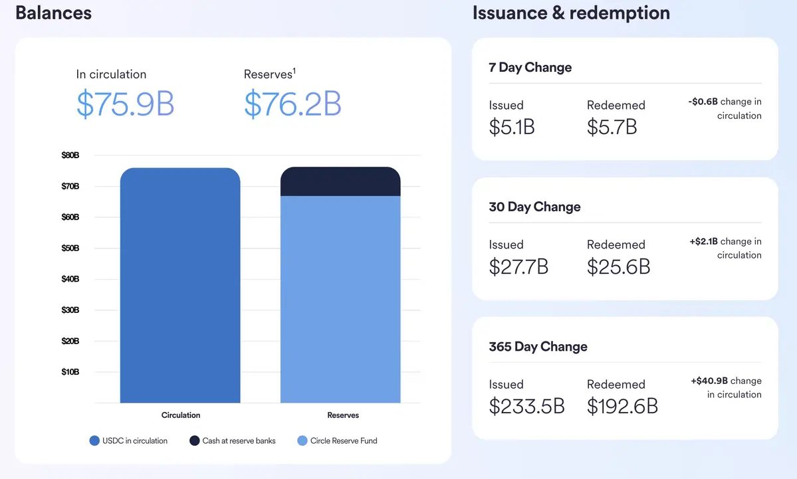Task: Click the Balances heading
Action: [x=53, y=13]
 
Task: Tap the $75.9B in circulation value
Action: [x=125, y=104]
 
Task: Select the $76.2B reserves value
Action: [x=292, y=104]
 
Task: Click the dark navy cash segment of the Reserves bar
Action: [x=340, y=182]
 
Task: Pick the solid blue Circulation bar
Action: [x=180, y=286]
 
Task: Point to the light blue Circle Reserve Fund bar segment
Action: [x=340, y=299]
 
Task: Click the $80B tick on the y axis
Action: [x=70, y=155]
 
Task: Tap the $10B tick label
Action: [x=70, y=372]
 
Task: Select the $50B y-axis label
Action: [x=70, y=248]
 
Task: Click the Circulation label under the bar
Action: [x=181, y=415]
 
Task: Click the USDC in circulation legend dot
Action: [x=94, y=440]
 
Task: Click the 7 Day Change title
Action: [x=530, y=67]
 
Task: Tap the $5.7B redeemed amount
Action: [x=612, y=126]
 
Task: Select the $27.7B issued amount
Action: [x=518, y=266]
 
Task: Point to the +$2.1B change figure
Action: [x=704, y=242]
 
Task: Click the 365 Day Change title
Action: [x=538, y=347]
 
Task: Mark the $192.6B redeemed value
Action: [x=622, y=406]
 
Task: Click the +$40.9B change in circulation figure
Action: [x=709, y=381]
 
